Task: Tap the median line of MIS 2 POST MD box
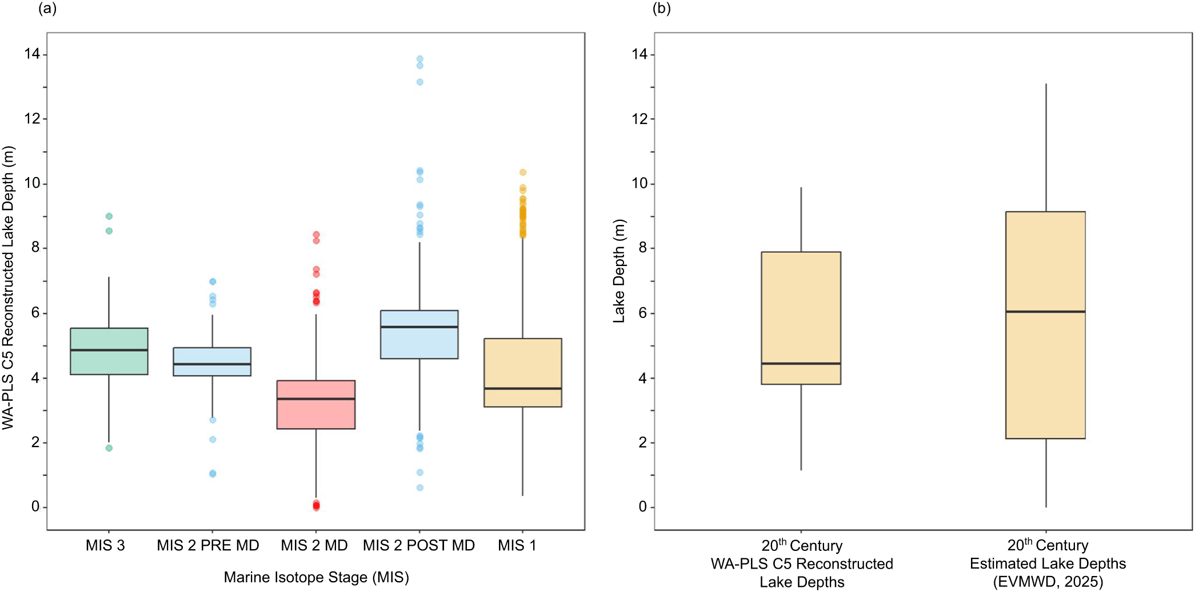click(x=419, y=327)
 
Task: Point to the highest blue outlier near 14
click(x=419, y=59)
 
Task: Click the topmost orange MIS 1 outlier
click(x=522, y=172)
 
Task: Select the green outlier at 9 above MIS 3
click(x=109, y=216)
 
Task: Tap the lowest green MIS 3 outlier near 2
click(x=109, y=448)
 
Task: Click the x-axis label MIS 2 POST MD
click(x=418, y=545)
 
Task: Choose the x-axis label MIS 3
click(x=105, y=545)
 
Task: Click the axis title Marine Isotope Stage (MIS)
click(x=316, y=577)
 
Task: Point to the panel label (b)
click(x=661, y=9)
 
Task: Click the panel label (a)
click(x=47, y=9)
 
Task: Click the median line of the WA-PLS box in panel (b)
click(x=801, y=363)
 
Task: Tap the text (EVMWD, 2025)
click(x=1048, y=582)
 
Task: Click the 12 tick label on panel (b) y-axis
click(x=640, y=119)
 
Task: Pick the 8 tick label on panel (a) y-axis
click(x=35, y=248)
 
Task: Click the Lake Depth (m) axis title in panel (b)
click(x=619, y=271)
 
